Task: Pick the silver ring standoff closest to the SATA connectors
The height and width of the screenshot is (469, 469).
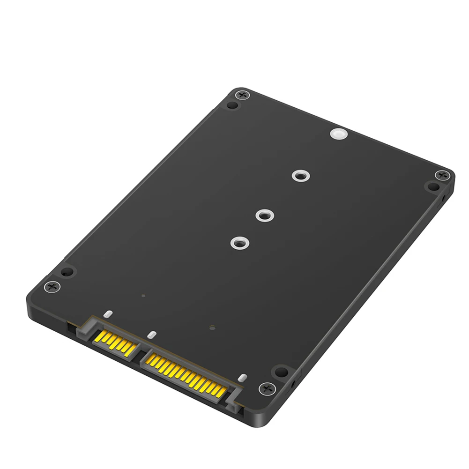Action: point(239,243)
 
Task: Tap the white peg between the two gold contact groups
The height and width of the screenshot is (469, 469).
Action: point(151,335)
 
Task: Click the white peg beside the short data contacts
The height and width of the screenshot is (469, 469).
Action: point(108,314)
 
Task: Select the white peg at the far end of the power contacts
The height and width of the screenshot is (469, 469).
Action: point(242,378)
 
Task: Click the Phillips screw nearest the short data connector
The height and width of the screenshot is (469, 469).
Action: point(51,286)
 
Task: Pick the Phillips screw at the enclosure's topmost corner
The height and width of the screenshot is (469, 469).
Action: point(242,95)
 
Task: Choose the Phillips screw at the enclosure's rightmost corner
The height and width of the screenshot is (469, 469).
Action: point(441,176)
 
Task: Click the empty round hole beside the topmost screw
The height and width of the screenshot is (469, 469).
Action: point(231,104)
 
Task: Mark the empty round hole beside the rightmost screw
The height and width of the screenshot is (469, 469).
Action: point(432,186)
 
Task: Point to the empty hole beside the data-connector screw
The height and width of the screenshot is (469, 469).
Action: point(67,272)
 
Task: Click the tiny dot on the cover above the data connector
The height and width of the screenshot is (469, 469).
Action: point(143,296)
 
